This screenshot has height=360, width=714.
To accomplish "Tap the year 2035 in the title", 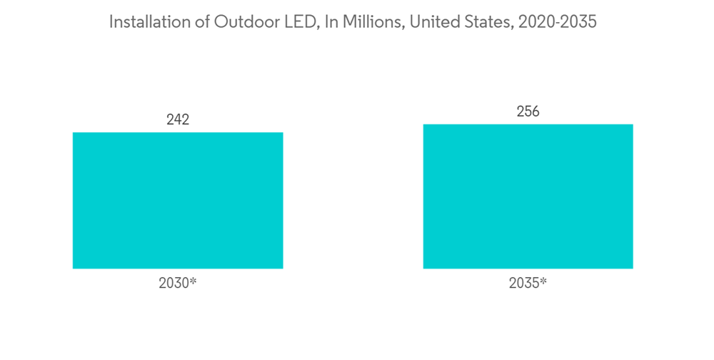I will coord(578,23).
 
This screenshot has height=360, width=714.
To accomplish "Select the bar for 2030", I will coord(178,200).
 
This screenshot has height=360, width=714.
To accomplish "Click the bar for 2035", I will coord(528,196).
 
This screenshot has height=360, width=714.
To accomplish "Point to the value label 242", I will coord(178,119).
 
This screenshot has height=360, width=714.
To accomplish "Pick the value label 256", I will coord(528,111).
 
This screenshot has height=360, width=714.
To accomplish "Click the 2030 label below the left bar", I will coord(174,283).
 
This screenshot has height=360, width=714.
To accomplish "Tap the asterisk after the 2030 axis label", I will coord(193,281).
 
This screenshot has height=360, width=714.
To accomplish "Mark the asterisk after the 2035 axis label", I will coord(543,281).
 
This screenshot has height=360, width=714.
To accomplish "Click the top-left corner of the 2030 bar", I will coord(74,133).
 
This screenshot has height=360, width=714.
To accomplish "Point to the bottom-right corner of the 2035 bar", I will coord(633,268).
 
